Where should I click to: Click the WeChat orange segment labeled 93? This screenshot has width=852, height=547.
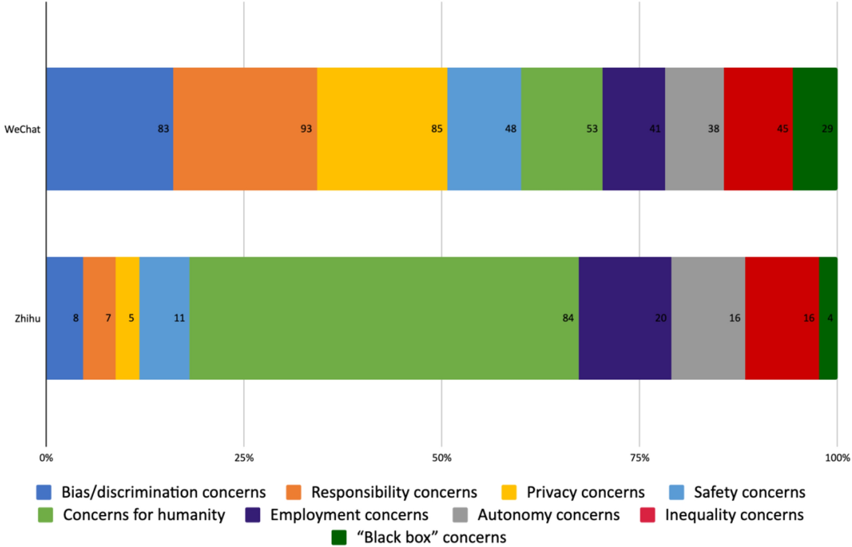pos(245,129)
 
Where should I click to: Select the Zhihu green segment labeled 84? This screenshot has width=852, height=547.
pos(384,318)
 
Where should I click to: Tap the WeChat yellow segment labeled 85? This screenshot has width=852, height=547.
pos(382,129)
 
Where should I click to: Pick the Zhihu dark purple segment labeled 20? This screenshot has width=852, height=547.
pos(624,318)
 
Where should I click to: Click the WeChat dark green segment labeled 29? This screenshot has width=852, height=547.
pos(814,129)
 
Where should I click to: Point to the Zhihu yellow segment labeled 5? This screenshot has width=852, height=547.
pos(127,318)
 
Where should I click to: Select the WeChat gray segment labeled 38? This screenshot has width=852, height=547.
pos(694,129)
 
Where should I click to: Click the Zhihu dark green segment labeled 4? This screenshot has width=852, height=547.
pos(828,318)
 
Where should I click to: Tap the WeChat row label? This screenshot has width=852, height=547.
pos(22,130)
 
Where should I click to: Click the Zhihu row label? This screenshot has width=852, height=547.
pos(27,319)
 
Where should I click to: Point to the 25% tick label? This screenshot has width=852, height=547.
pos(244,458)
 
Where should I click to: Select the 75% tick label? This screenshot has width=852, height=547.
pos(639,458)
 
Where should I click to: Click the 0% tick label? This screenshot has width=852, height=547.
pos(46,458)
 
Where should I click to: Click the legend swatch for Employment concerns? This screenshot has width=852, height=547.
pos(252,515)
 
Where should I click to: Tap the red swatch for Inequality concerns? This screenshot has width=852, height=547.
pos(647,515)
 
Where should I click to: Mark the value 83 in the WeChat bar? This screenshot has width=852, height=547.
pos(163,129)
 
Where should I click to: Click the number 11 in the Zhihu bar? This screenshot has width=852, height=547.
pos(179,318)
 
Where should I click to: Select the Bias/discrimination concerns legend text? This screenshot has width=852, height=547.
pos(163,492)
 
